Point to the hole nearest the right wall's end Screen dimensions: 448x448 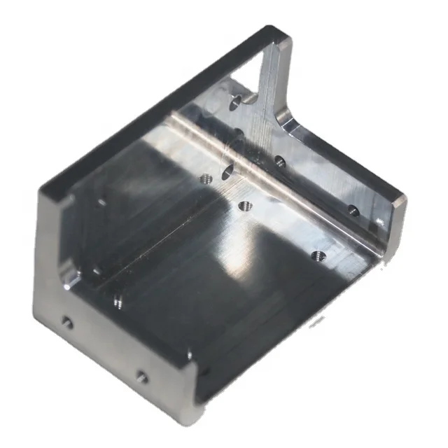point(353,210)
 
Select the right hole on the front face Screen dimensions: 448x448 point(142,377)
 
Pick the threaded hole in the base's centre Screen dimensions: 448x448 point(245,206)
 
